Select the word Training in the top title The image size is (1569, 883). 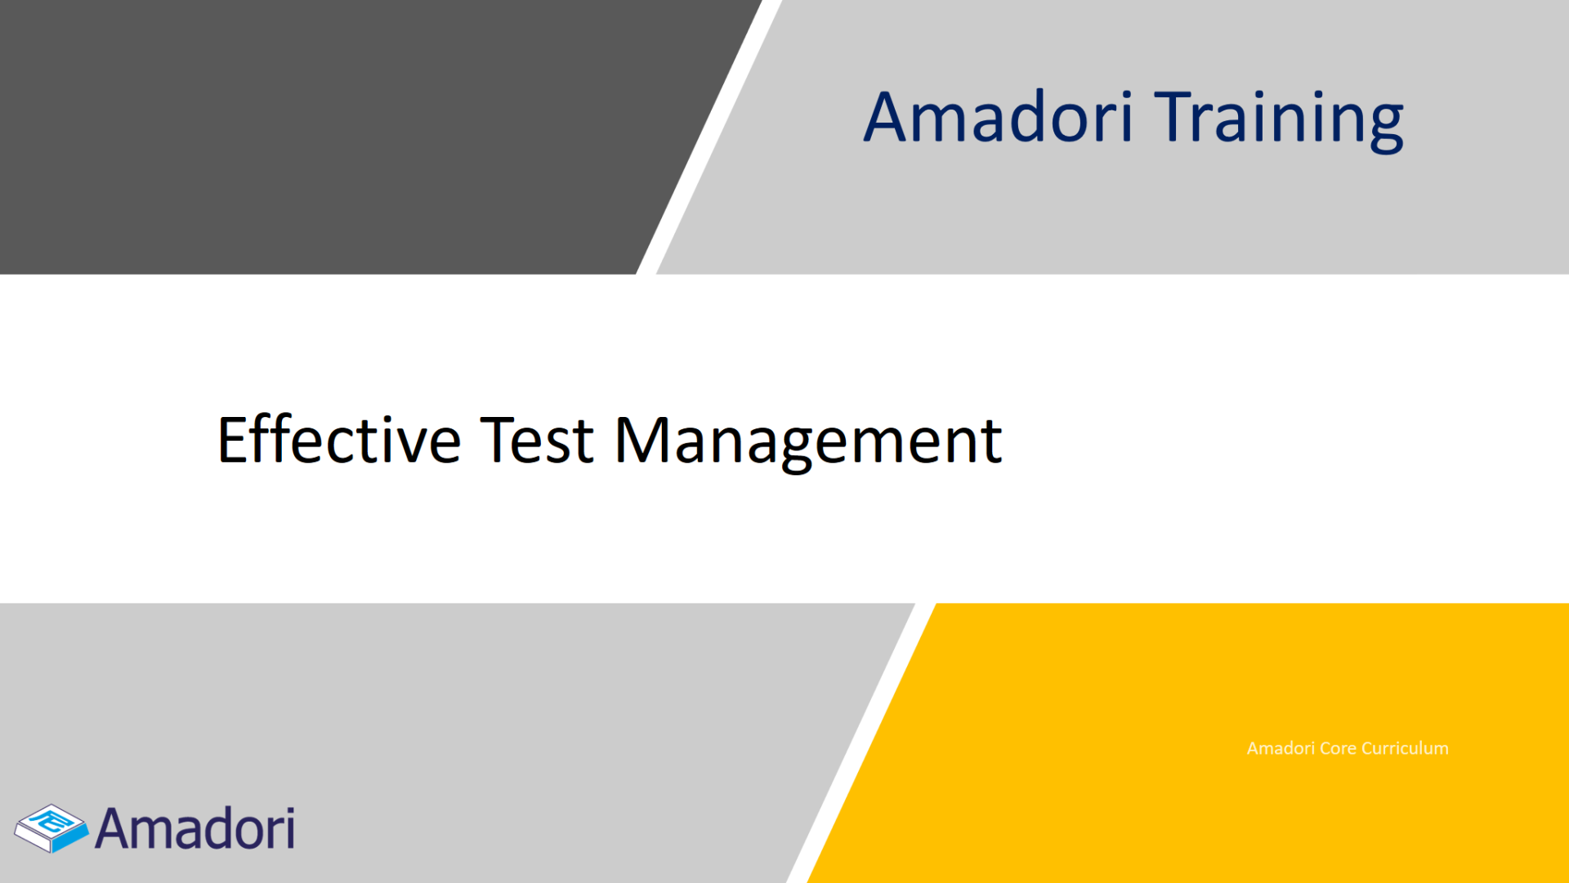pos(1279,121)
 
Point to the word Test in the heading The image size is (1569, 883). pos(536,441)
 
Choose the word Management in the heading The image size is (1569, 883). pos(808,444)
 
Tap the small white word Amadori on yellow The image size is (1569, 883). pos(1281,748)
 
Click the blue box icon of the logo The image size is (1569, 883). pos(51,828)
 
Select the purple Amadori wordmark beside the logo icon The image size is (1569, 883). pos(194,829)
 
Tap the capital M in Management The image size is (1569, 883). pos(642,440)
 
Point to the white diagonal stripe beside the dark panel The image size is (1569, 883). pos(709,137)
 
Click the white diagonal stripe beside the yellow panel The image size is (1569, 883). pos(861,743)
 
